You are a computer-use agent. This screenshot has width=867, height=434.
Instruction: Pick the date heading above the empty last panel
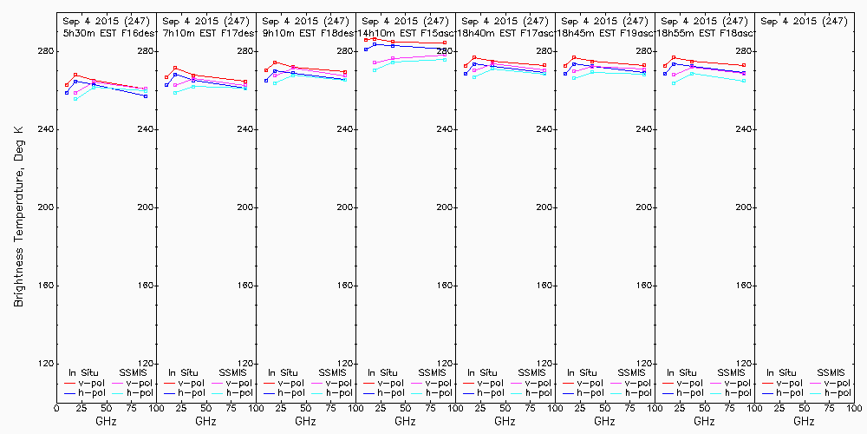pos(804,21)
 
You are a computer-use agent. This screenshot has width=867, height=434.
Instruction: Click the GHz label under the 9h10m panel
pos(305,421)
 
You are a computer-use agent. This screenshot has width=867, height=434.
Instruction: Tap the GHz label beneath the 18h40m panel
pos(505,421)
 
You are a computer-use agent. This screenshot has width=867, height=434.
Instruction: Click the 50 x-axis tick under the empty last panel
pos(804,407)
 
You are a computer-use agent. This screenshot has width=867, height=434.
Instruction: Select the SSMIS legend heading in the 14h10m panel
pos(433,372)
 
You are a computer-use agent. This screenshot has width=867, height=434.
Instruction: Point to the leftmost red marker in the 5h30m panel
pos(67,85)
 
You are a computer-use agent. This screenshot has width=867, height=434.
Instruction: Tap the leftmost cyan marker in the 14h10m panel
pos(375,69)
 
